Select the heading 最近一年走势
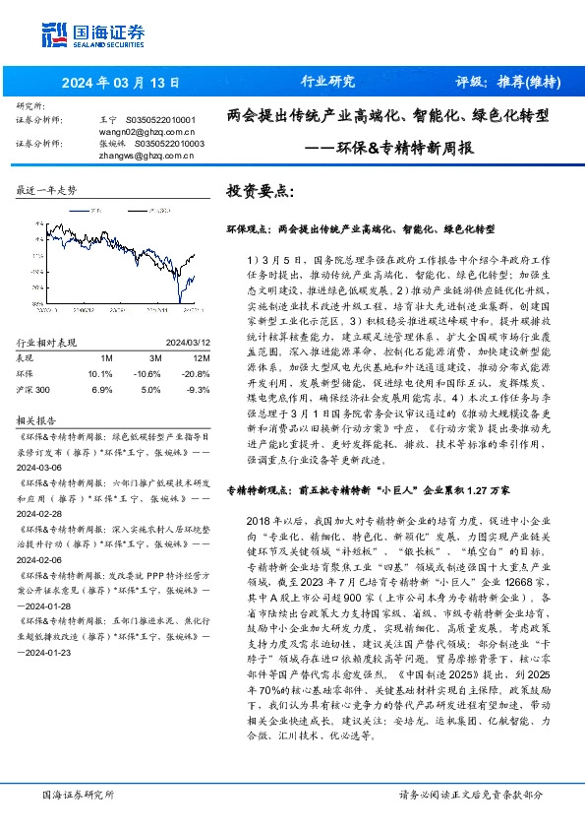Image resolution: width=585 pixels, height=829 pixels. [x=47, y=189]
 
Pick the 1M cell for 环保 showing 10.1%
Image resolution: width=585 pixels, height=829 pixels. [x=99, y=373]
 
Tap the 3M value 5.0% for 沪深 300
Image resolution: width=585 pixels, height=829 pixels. [x=149, y=390]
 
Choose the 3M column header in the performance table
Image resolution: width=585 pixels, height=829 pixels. [x=152, y=357]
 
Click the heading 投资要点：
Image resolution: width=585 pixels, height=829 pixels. [x=261, y=190]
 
